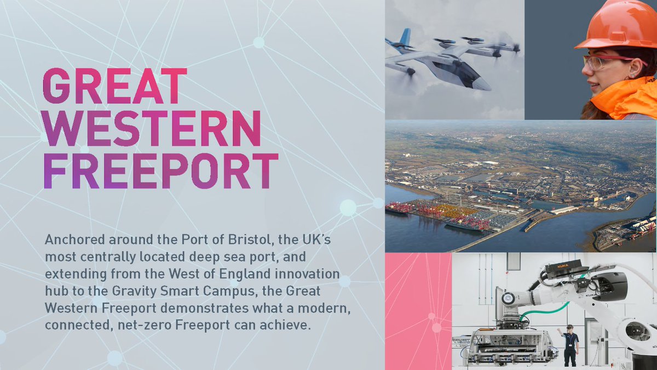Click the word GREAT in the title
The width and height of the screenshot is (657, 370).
point(115,86)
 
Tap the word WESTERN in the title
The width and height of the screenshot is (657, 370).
point(152,128)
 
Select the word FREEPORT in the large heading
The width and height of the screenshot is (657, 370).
point(161,171)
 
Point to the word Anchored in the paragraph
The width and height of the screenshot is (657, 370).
point(75,240)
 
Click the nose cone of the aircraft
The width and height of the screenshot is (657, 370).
point(484,84)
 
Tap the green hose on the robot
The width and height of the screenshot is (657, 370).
point(545,311)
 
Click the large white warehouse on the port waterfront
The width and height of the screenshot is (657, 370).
point(565,209)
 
